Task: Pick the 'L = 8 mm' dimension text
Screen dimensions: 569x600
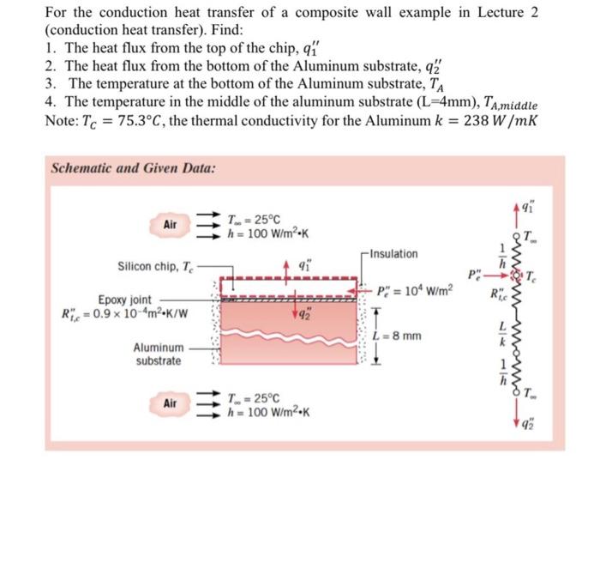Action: [x=401, y=336]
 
